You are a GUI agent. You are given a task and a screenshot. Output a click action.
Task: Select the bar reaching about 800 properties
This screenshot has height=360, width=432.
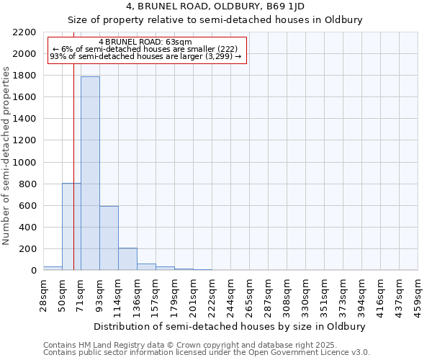[x=71, y=227]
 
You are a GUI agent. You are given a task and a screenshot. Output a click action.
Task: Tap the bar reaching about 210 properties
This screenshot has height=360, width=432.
[x=127, y=258]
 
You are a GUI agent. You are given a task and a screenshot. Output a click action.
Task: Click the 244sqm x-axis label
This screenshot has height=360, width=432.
[x=231, y=292]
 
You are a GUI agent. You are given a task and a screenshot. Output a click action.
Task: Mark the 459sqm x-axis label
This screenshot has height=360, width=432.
[x=418, y=292]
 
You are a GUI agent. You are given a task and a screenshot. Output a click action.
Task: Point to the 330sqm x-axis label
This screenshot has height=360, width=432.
[x=306, y=292]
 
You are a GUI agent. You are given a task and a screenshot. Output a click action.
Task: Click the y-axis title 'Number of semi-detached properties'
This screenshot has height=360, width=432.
[x=7, y=156]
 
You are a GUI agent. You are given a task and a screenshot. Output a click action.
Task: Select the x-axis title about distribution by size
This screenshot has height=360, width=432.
[x=230, y=326]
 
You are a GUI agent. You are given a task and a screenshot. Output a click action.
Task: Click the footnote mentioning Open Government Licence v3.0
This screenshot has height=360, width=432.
[x=207, y=353]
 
